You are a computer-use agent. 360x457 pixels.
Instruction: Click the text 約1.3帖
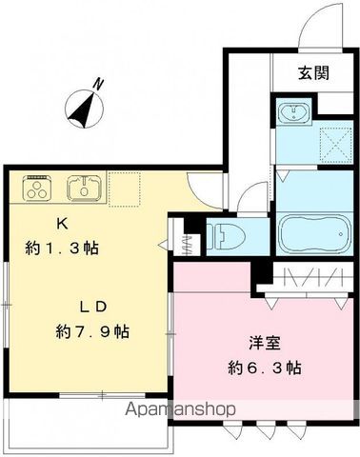[63, 247]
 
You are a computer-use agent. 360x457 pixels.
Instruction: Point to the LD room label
[91, 307]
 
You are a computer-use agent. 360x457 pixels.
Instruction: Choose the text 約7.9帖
[91, 333]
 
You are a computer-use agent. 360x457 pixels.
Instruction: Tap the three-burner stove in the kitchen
[38, 188]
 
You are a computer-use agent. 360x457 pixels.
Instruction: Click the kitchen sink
[84, 187]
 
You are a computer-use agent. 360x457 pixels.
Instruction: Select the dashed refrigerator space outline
[124, 188]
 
